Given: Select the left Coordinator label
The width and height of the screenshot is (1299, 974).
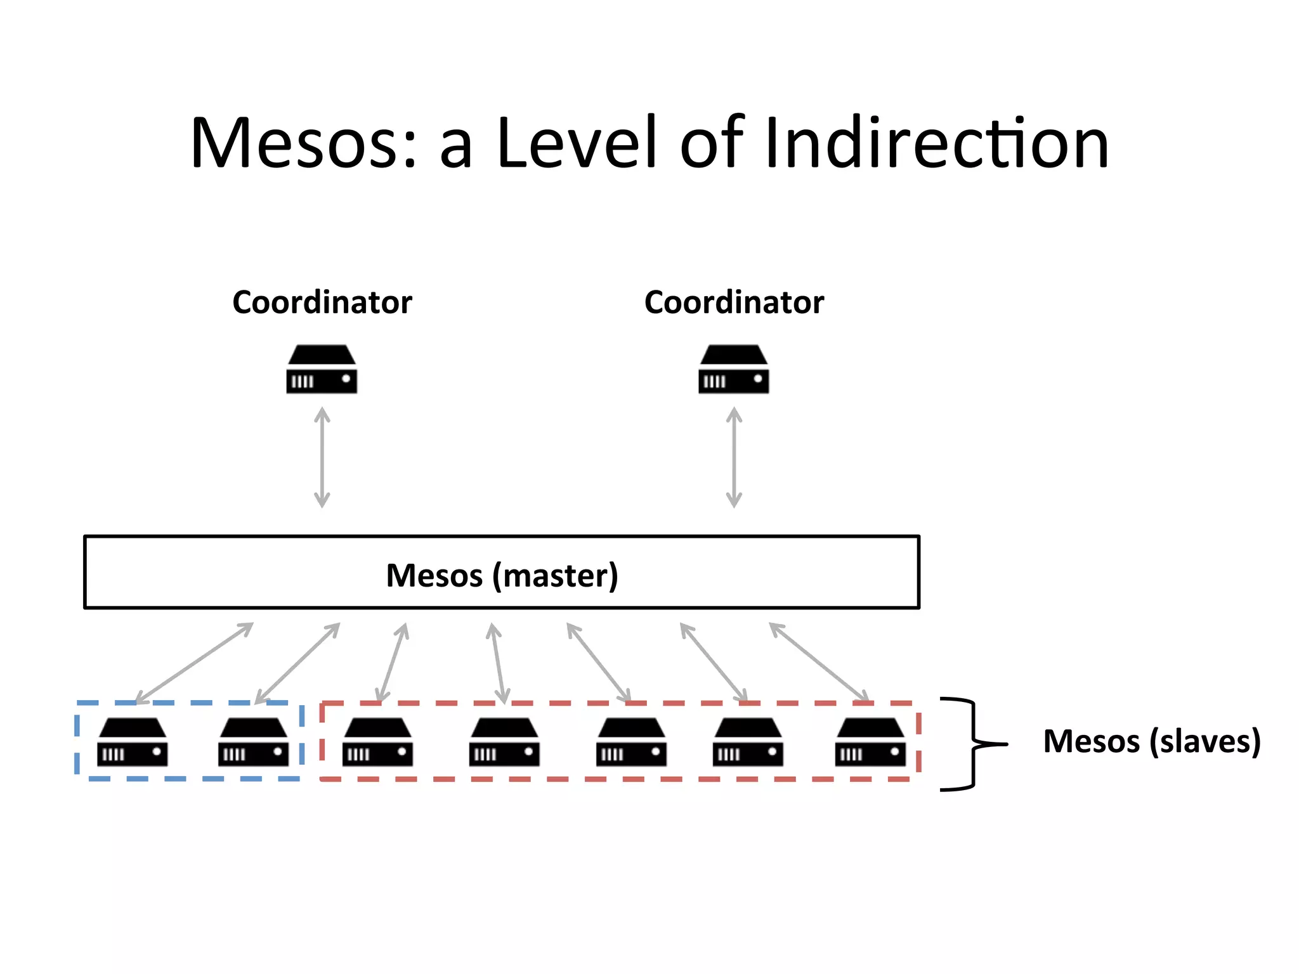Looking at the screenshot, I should pyautogui.click(x=322, y=302).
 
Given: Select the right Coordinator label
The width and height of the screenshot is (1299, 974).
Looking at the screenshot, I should pyautogui.click(x=734, y=302).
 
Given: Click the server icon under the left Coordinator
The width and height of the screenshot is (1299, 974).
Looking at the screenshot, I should pyautogui.click(x=322, y=370).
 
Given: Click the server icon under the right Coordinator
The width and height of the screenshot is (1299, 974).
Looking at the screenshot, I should pyautogui.click(x=734, y=370).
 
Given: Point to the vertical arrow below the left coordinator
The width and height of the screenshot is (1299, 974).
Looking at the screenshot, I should pyautogui.click(x=322, y=457).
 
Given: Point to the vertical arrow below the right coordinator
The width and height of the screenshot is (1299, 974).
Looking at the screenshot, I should pyautogui.click(x=734, y=457).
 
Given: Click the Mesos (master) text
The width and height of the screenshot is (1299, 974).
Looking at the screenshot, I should pyautogui.click(x=502, y=575).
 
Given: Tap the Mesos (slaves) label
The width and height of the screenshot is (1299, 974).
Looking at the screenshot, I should pyautogui.click(x=1151, y=741).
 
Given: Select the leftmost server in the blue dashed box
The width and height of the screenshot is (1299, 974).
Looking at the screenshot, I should pyautogui.click(x=133, y=742).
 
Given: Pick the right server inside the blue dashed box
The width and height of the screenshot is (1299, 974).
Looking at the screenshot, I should pyautogui.click(x=254, y=742).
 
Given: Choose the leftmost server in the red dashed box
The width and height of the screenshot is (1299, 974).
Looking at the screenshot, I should pyautogui.click(x=378, y=742).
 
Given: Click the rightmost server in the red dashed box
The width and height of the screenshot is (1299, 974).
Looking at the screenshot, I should pyautogui.click(x=870, y=742).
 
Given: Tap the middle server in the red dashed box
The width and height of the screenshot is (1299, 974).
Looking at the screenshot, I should pyautogui.click(x=631, y=742).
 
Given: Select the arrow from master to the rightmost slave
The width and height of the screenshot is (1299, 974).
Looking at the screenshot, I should pyautogui.click(x=819, y=662).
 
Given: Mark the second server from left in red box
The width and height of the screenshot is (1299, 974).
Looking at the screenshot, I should pyautogui.click(x=504, y=742).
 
